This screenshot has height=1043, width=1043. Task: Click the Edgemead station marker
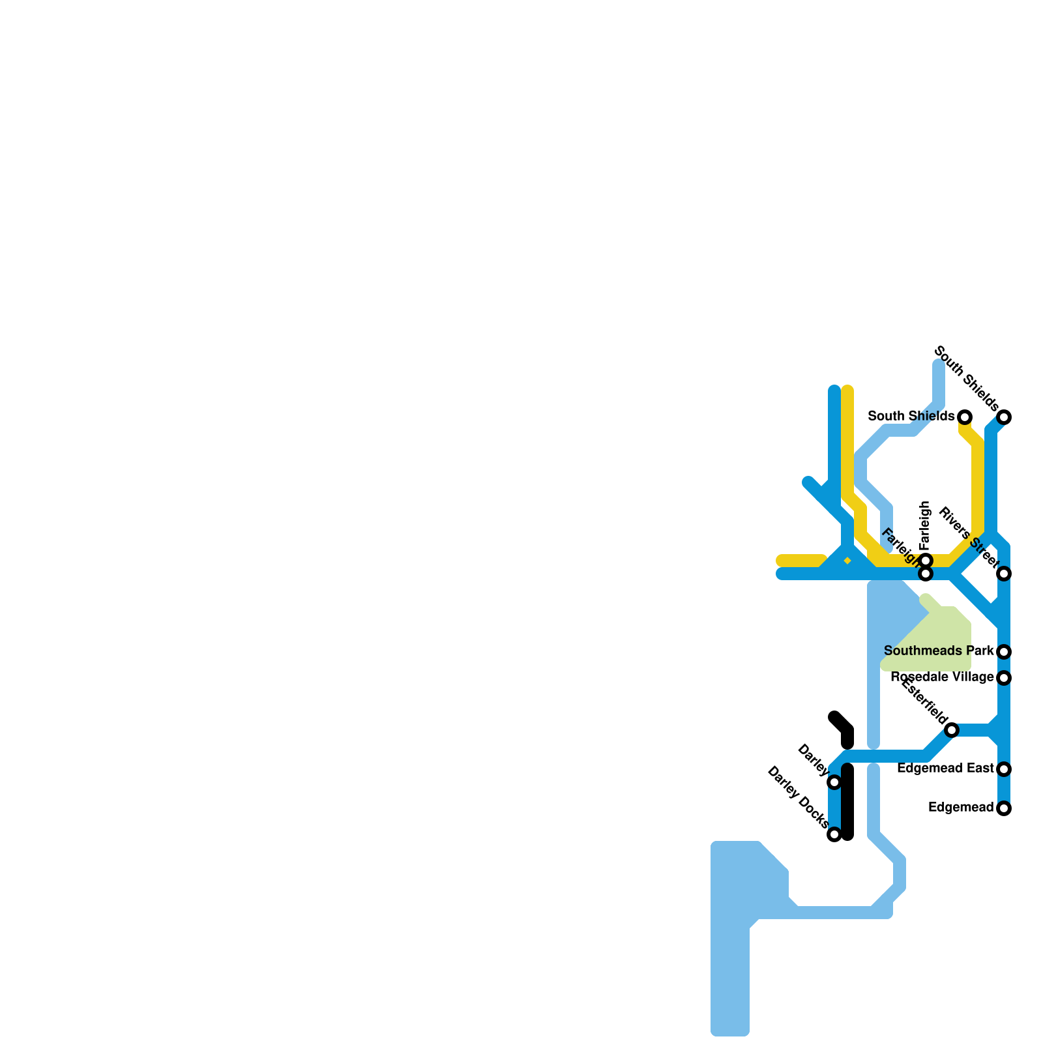click(1004, 808)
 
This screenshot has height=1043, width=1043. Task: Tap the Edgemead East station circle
click(1004, 769)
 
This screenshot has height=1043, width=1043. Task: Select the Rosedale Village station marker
click(1004, 678)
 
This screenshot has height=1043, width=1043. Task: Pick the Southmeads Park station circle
click(1004, 652)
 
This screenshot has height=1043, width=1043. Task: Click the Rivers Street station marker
click(1004, 574)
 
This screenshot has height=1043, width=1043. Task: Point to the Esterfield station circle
click(952, 730)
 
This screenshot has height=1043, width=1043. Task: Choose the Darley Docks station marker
click(834, 834)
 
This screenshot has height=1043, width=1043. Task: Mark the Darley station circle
click(834, 782)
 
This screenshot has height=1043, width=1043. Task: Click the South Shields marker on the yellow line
click(965, 417)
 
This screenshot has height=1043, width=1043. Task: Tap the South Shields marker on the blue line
click(1004, 417)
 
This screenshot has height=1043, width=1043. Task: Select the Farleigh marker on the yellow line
click(926, 561)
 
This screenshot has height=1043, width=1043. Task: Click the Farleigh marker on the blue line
click(926, 574)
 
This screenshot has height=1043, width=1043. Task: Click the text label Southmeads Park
click(939, 651)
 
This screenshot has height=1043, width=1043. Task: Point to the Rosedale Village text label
click(942, 677)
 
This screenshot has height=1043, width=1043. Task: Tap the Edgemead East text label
click(945, 769)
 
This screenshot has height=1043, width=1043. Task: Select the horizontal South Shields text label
click(911, 416)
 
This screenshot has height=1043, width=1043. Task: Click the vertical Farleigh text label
click(925, 526)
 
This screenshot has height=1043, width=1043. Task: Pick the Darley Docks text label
click(798, 797)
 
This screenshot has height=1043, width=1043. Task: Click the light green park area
click(939, 642)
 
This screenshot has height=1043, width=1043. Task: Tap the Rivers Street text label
click(968, 536)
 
